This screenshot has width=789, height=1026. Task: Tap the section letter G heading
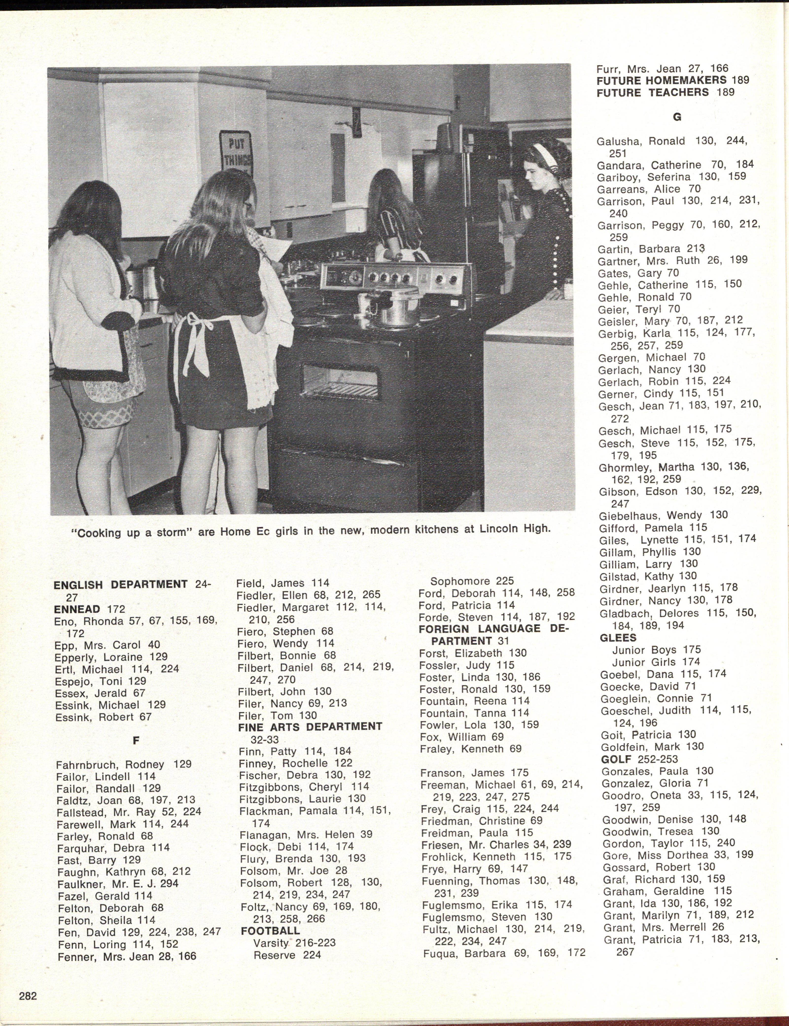click(677, 117)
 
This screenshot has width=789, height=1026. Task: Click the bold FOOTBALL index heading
click(270, 931)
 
